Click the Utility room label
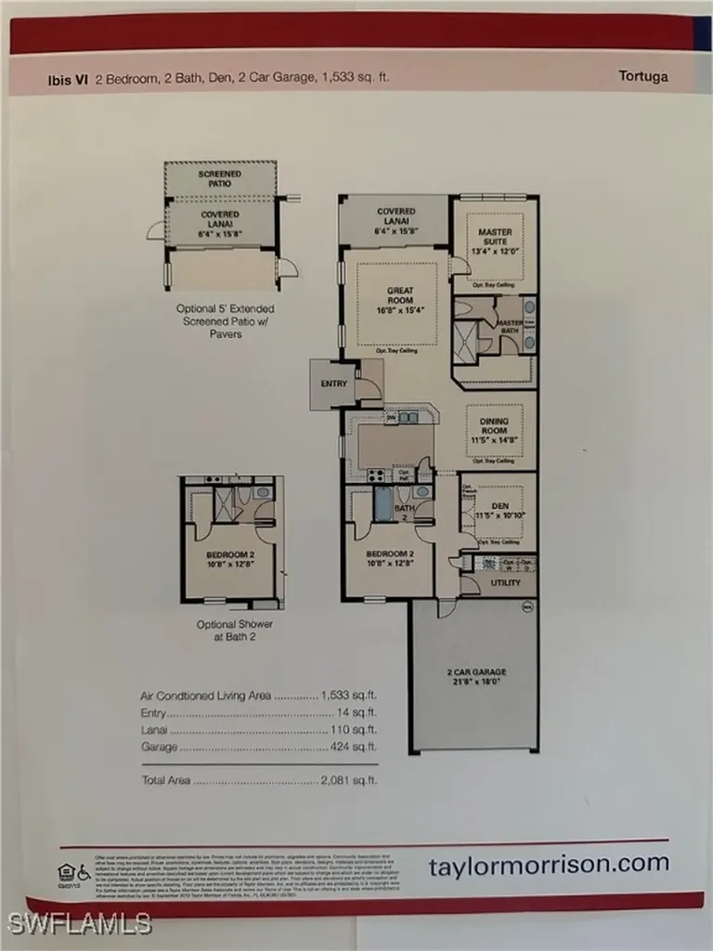pos(506,582)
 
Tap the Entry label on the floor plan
pos(333,383)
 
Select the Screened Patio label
pos(220,178)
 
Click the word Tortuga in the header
pos(643,77)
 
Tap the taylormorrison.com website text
pos(549,864)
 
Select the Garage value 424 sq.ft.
pos(354,747)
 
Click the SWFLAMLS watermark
pos(79,923)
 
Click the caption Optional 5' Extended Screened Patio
pos(226,320)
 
